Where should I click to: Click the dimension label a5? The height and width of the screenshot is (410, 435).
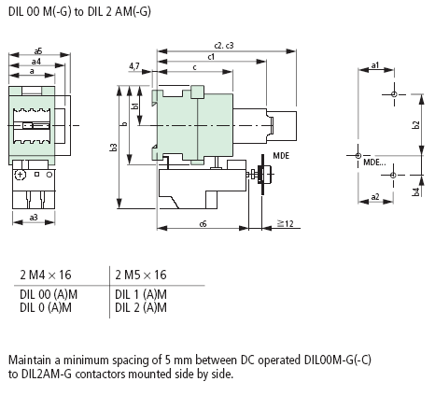tap(38, 50)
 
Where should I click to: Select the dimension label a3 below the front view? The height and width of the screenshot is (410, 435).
tap(34, 218)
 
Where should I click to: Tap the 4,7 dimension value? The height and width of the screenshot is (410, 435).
tap(134, 66)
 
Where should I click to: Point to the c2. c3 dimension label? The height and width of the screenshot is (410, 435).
tap(224, 46)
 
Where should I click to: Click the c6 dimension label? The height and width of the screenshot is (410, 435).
tap(203, 224)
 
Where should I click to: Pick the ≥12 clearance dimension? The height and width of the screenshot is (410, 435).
tap(286, 223)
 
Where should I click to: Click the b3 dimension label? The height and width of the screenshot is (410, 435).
tap(114, 148)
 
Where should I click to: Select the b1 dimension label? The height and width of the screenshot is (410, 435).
tap(134, 106)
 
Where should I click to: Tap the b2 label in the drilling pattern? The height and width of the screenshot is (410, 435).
tap(415, 125)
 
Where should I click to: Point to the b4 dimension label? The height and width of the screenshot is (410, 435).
tap(416, 191)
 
